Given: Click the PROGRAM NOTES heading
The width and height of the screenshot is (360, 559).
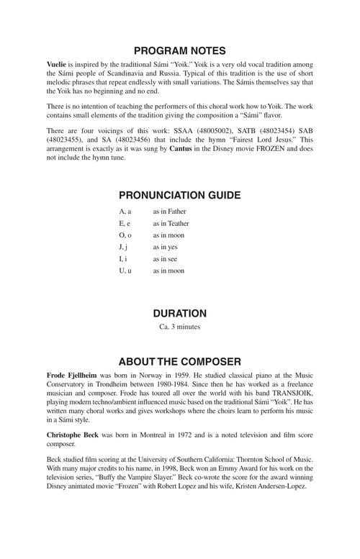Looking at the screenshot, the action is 180,51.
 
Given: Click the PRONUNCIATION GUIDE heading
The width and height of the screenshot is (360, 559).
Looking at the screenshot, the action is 180,195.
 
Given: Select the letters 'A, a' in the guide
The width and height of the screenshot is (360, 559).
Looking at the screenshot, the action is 125,212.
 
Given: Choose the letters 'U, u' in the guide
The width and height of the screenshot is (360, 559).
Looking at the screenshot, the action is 125,271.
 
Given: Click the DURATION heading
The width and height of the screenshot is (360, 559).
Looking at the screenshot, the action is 180,314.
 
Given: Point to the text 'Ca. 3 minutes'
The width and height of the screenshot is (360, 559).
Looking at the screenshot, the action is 180,327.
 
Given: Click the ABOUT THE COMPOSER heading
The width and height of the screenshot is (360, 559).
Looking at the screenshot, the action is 180,361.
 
